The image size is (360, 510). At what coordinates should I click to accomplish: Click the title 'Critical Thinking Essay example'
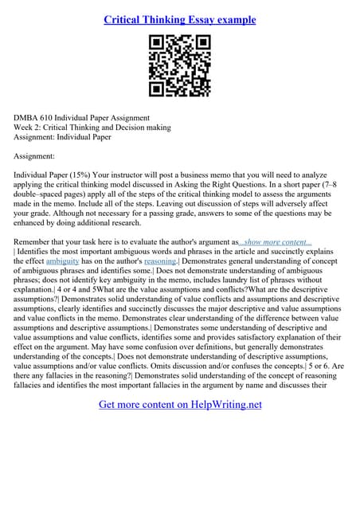[179, 19]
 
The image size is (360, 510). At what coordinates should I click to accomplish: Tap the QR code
[179, 65]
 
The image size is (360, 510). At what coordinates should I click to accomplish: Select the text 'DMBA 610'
[35, 117]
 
